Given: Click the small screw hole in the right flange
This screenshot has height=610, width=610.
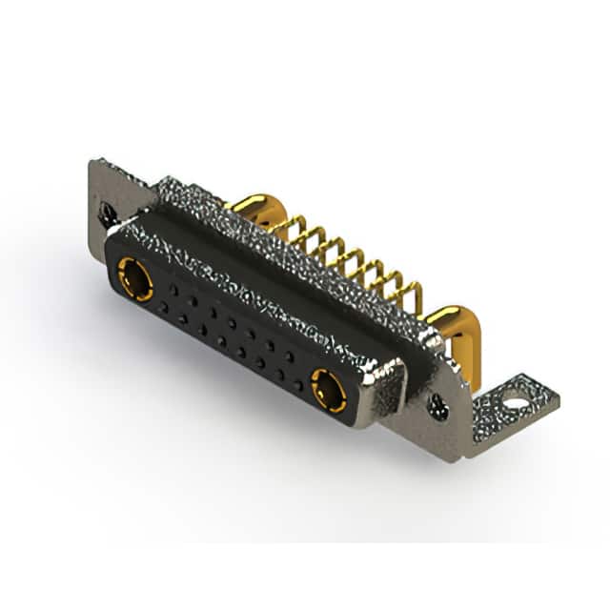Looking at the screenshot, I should point(437,407).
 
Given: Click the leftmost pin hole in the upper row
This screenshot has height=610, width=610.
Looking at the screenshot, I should point(169,286).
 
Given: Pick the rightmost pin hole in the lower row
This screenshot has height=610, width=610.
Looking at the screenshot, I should point(298,386).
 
